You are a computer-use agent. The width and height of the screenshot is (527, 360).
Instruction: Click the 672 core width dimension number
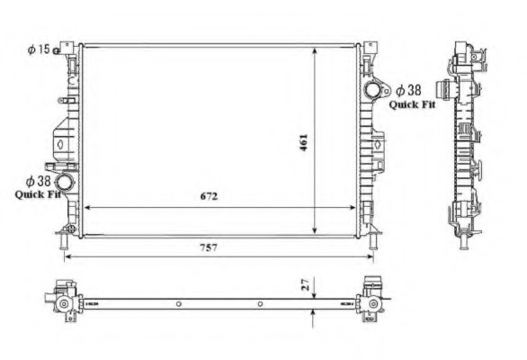(209, 196)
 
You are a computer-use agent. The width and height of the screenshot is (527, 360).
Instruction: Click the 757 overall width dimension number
(209, 248)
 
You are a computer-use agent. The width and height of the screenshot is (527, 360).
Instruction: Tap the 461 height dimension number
(303, 143)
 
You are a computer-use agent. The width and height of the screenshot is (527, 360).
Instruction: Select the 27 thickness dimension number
(306, 284)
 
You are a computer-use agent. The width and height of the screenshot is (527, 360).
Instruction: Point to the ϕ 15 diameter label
(39, 49)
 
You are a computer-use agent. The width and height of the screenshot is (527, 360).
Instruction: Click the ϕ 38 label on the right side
(408, 90)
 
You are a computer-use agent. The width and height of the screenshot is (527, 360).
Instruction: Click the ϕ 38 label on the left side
(38, 181)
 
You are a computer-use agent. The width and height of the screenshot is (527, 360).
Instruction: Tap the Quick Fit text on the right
(412, 104)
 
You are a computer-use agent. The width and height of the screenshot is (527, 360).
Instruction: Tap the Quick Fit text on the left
(38, 194)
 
